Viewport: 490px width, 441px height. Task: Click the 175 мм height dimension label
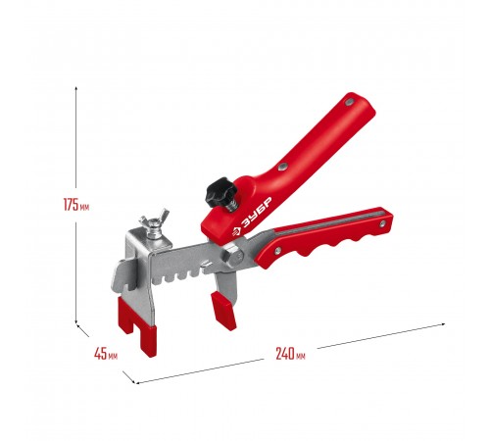pyautogui.click(x=76, y=205)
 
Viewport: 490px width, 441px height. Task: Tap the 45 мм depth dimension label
pyautogui.click(x=106, y=354)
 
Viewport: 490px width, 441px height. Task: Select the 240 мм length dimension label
pyautogui.click(x=290, y=354)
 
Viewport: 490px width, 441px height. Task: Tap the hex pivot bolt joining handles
pyautogui.click(x=231, y=256)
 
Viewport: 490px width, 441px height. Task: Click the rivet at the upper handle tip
pyautogui.click(x=349, y=102)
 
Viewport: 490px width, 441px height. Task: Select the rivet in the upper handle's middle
pyautogui.click(x=282, y=167)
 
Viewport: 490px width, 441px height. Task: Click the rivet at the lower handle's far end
pyautogui.click(x=382, y=223)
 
